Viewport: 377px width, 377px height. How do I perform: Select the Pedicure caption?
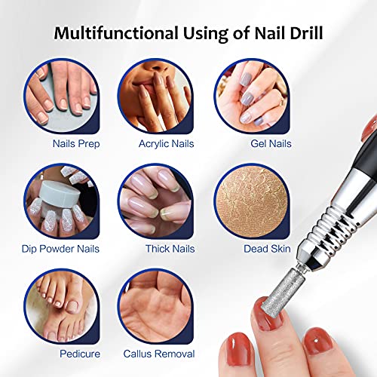(78, 354)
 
